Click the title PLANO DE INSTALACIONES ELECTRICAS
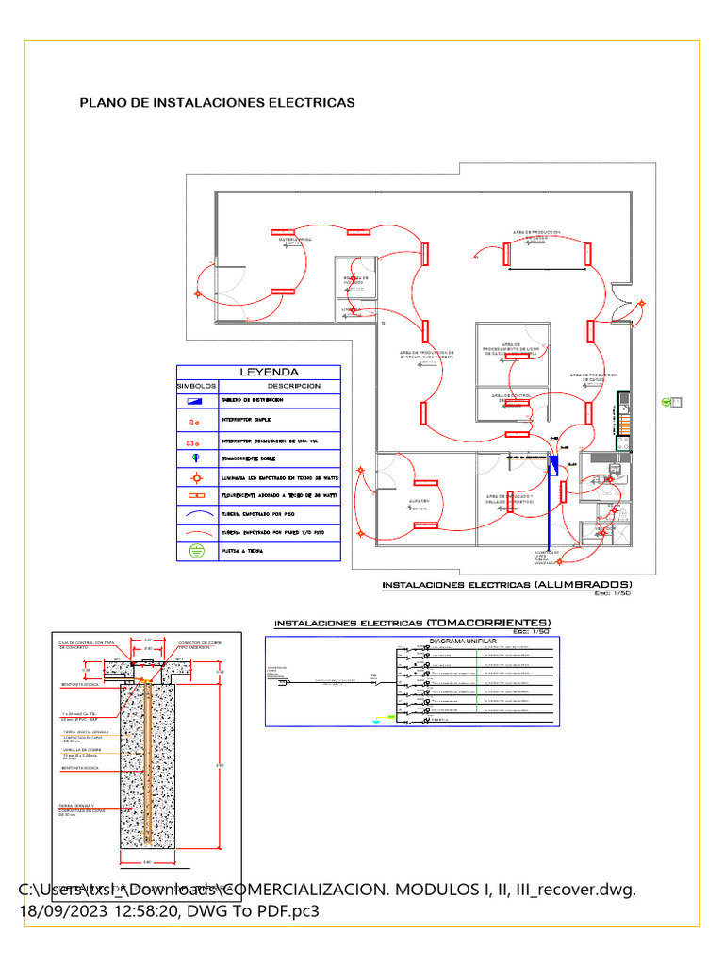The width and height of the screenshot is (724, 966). tap(217, 102)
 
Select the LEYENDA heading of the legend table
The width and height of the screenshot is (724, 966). tap(268, 373)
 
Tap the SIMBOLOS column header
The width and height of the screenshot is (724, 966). tap(197, 386)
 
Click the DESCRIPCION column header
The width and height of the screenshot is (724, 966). tap(293, 386)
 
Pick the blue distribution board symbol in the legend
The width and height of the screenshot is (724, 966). tap(196, 401)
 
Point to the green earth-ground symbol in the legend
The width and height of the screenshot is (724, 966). tap(196, 551)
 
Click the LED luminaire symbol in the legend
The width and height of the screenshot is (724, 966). tap(196, 478)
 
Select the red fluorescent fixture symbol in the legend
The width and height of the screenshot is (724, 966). tap(196, 494)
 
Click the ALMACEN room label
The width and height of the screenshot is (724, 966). tap(420, 500)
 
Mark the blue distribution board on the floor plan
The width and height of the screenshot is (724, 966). tap(554, 462)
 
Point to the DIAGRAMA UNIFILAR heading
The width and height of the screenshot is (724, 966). tap(457, 641)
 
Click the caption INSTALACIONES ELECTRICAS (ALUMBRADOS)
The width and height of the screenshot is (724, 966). tap(506, 585)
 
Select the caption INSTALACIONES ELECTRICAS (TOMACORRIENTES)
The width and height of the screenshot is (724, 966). tap(412, 624)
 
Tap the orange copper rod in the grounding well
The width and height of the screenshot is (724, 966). tap(148, 755)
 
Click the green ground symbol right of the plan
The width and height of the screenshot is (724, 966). tap(666, 402)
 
